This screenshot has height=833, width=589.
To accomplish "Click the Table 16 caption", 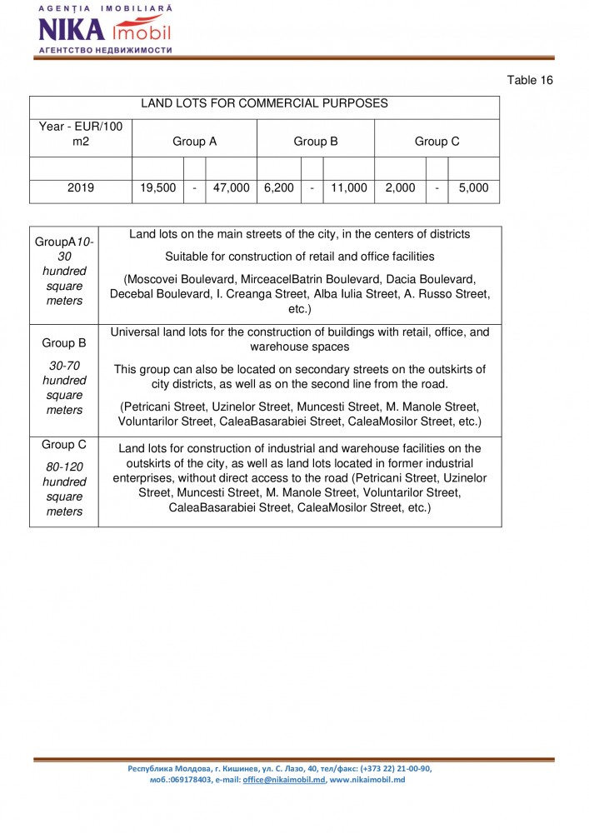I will pos(530,80).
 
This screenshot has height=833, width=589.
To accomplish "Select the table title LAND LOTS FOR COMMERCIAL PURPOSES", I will pos(264,103).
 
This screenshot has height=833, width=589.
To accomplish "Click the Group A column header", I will pos(194,142).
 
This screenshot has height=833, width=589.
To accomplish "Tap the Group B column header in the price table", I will pos(315,142).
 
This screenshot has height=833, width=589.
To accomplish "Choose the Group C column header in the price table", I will pos(437,142).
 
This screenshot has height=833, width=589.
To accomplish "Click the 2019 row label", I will pos(80,188).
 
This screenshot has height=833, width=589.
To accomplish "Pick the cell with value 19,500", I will pos(157,188).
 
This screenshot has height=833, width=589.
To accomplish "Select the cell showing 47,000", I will pos(232,188).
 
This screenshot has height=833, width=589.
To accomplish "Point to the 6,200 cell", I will pos(278,188).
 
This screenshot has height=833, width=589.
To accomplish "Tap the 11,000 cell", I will pos(348,188).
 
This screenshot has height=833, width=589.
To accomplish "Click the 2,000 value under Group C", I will pos(400,188).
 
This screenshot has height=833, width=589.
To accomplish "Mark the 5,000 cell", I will pos(473,188).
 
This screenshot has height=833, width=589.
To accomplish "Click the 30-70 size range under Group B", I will pos(64,366).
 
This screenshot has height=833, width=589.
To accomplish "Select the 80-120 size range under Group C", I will pos(64,467).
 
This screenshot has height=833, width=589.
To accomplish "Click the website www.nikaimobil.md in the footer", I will pos(367,780).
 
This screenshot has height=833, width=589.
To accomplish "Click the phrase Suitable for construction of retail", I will pos(258,256).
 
